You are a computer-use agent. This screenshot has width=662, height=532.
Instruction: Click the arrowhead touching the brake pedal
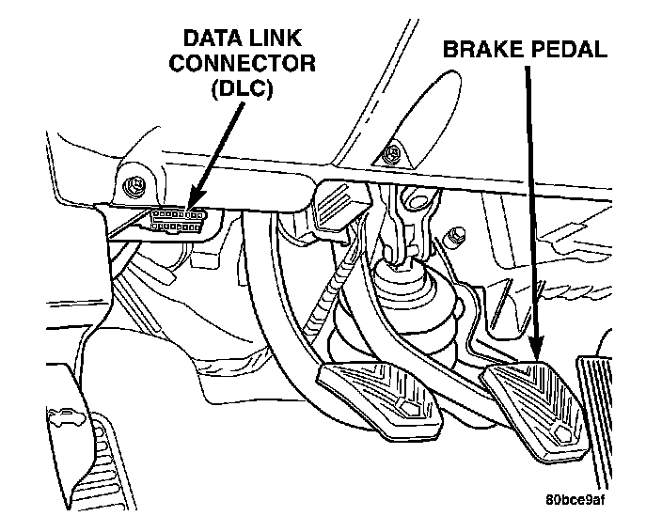(534, 347)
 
